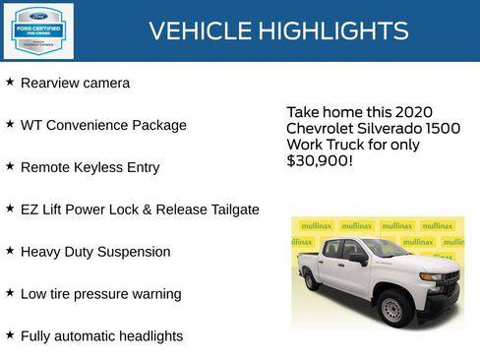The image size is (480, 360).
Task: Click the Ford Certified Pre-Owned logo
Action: click(37, 31)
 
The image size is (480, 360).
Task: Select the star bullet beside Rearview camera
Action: click(10, 82)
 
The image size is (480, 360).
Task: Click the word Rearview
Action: click(51, 84)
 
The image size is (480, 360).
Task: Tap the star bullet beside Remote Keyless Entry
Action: click(10, 166)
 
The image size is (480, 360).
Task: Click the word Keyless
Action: click(101, 168)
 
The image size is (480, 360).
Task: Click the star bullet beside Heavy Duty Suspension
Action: click(10, 250)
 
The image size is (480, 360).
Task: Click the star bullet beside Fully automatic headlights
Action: click(10, 334)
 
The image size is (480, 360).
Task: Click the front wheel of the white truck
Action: click(393, 307)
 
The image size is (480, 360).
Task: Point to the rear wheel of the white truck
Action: click(311, 280)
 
